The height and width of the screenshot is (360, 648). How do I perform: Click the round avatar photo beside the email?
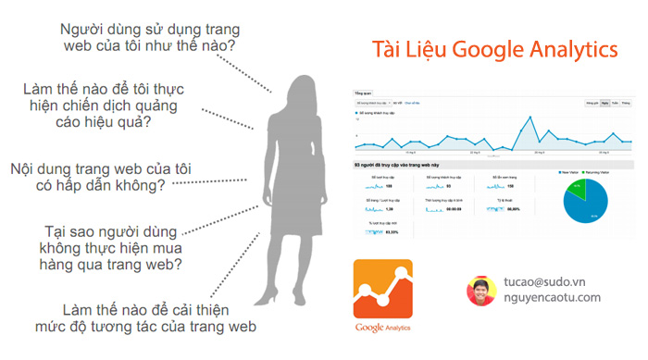coord(481,290)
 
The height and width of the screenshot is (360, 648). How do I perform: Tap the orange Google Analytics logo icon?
coord(382,289)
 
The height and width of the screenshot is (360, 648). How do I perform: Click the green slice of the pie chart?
coord(577,190)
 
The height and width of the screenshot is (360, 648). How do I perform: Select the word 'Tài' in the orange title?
coord(389,49)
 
